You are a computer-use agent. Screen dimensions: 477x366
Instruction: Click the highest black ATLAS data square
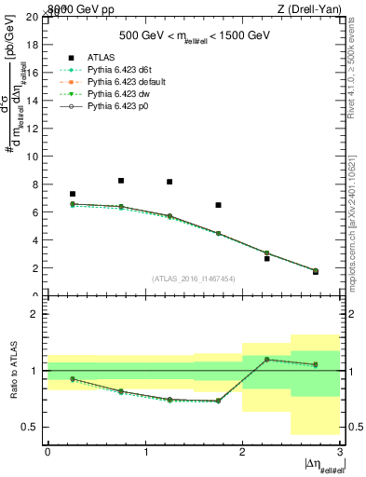121,181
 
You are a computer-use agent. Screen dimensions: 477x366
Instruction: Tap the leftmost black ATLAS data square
73,194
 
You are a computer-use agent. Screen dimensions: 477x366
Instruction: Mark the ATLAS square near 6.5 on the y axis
218,205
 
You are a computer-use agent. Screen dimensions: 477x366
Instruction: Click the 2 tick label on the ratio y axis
35,315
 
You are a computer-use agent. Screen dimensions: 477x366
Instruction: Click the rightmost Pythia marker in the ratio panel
315,364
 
